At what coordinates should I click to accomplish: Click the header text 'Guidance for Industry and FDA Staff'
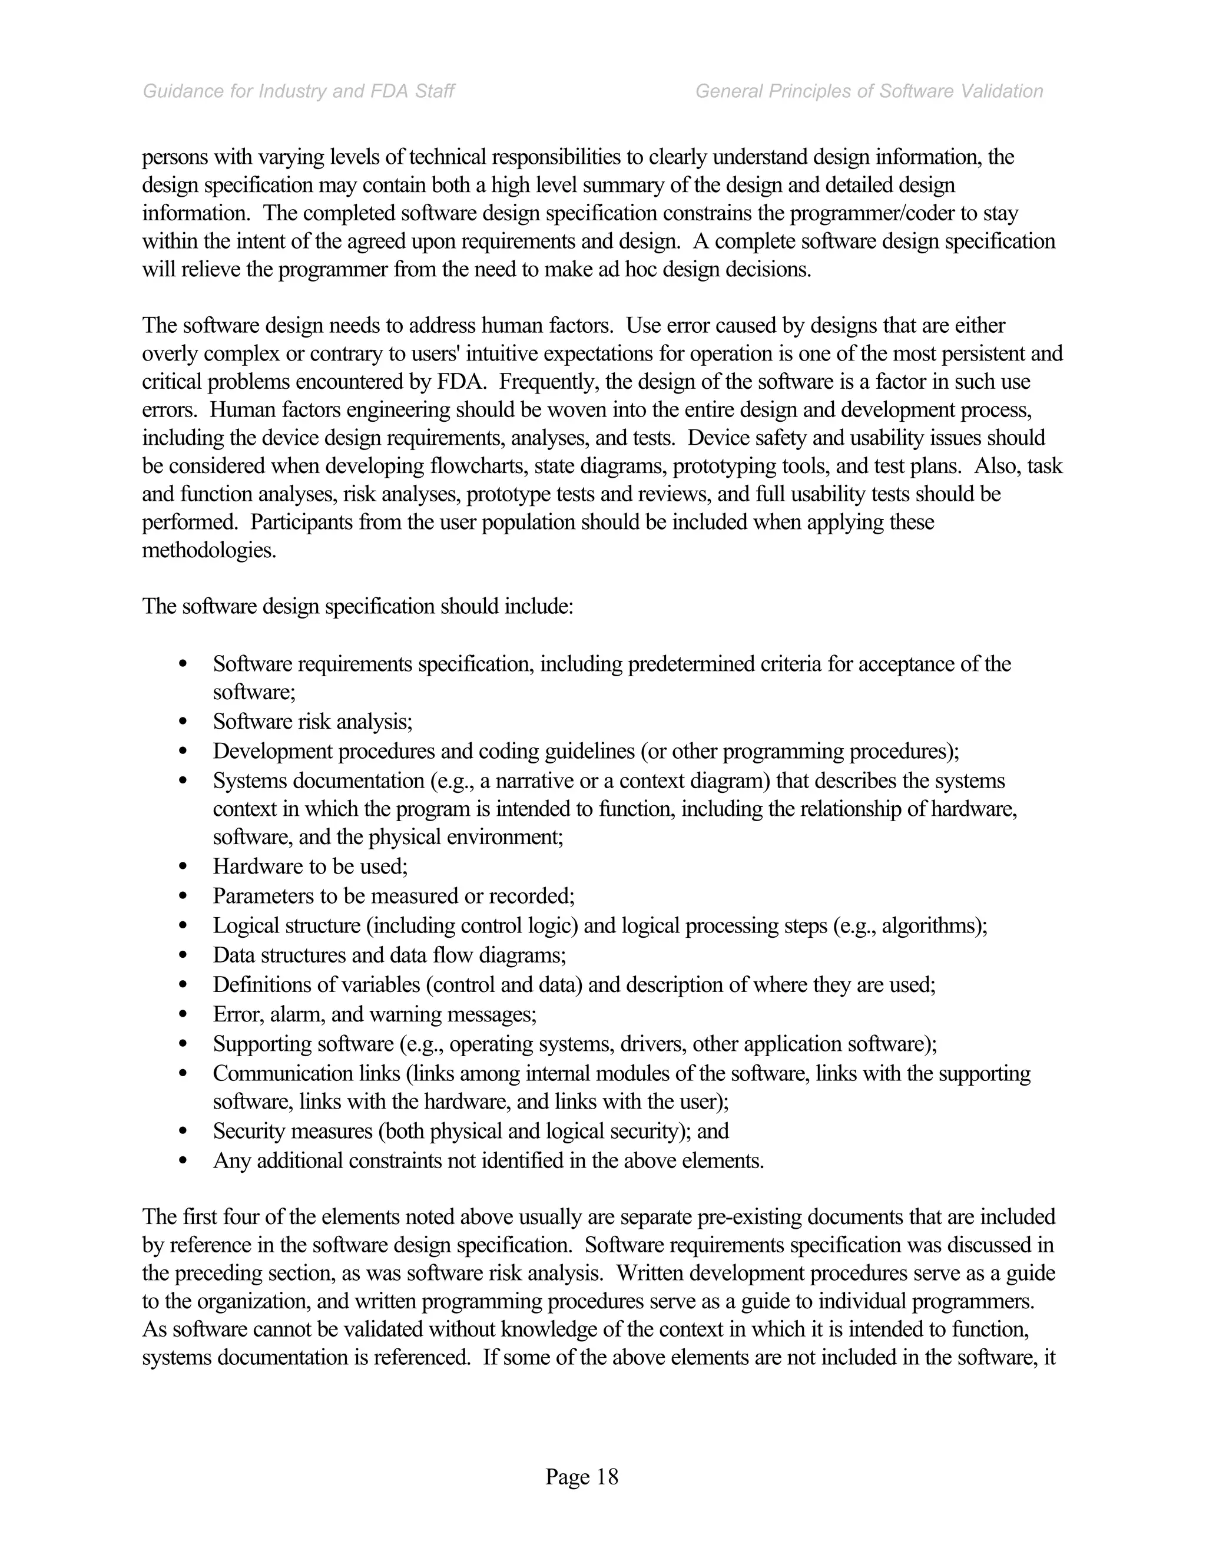coord(299,91)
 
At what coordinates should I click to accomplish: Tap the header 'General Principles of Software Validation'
coord(869,91)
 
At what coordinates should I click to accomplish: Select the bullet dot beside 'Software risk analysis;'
coord(183,723)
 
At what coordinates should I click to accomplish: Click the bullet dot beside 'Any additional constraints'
coord(183,1162)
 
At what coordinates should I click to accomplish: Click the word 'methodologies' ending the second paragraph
coord(208,551)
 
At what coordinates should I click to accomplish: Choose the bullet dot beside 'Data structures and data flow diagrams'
coord(183,955)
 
